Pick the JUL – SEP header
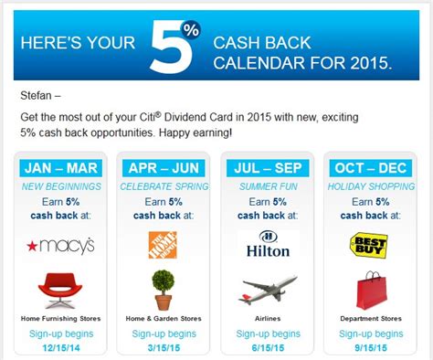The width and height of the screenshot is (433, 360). (268, 168)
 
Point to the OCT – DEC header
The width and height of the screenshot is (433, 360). (370, 168)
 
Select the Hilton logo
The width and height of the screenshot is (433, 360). (268, 246)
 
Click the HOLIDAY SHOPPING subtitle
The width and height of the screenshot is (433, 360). (370, 186)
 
